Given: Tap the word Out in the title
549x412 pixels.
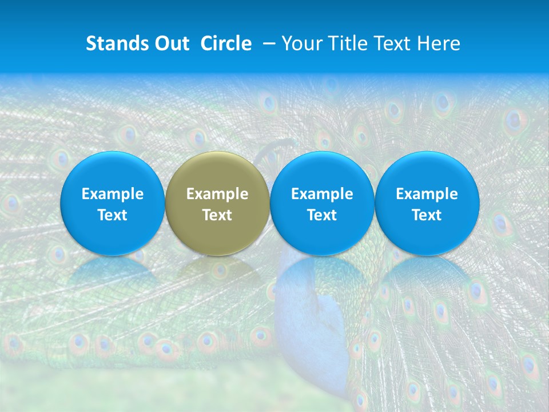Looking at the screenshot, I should (170, 43).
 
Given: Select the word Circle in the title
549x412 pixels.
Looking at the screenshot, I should (226, 43).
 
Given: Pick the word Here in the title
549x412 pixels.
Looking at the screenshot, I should (439, 43).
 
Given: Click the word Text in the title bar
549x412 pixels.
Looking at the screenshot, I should (392, 43).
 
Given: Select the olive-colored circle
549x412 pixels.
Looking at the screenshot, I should (217, 203).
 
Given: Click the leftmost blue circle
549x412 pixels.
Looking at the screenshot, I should (113, 203).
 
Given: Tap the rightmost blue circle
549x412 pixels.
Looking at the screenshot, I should (427, 203).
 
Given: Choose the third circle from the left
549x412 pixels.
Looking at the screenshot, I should (322, 203).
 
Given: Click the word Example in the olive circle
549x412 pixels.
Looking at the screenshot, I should (217, 194).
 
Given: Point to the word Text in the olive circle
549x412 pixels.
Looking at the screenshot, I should (217, 215).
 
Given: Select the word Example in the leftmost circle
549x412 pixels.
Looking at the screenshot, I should (113, 194).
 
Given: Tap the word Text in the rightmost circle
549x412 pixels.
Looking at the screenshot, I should (427, 215).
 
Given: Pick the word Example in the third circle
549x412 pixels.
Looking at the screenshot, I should (322, 194).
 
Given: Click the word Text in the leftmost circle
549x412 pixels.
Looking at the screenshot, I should (113, 215).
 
